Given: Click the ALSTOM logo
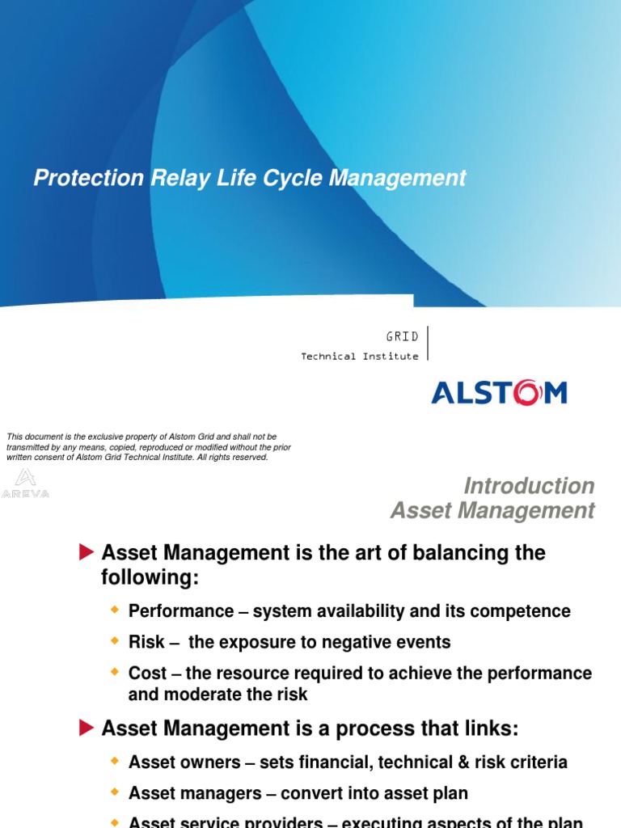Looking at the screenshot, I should [x=499, y=393].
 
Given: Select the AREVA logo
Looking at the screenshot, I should [x=26, y=483].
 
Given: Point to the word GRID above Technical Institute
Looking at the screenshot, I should [x=402, y=336].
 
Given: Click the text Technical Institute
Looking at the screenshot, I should [x=360, y=356].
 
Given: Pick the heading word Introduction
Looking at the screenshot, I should [x=529, y=486].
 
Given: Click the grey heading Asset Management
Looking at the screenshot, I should [x=492, y=511].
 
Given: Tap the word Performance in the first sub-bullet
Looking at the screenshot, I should [x=180, y=611].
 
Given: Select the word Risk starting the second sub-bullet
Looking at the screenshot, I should [x=146, y=643].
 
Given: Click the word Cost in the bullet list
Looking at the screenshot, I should [x=147, y=674].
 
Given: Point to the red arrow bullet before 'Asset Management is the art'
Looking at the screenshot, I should [x=87, y=552].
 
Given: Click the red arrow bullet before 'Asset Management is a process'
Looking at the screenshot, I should [x=87, y=728].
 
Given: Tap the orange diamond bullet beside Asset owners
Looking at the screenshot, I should [x=114, y=761].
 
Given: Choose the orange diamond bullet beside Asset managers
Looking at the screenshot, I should [x=114, y=792].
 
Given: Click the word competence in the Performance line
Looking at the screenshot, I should [x=525, y=611].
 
